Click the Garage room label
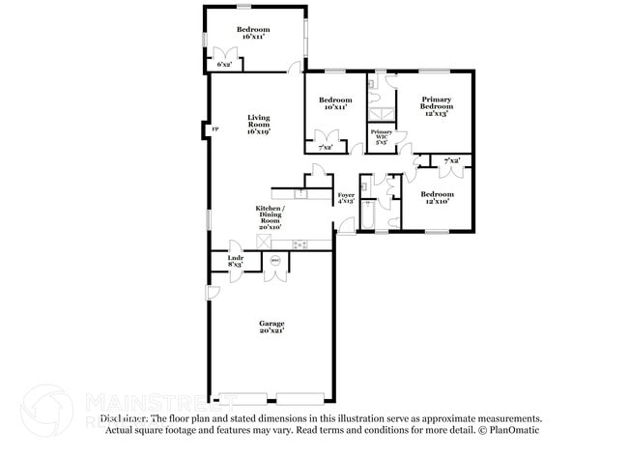pyautogui.click(x=271, y=327)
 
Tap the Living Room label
pyautogui.click(x=258, y=125)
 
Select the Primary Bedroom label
pyautogui.click(x=435, y=105)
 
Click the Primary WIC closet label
pyautogui.click(x=381, y=135)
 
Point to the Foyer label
pyautogui.click(x=346, y=199)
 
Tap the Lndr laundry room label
pyautogui.click(x=235, y=261)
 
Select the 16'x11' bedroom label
pyautogui.click(x=254, y=33)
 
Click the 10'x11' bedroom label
pyautogui.click(x=335, y=103)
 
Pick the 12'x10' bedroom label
pyautogui.click(x=435, y=197)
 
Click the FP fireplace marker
pyautogui.click(x=215, y=129)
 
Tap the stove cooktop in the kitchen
pyautogui.click(x=300, y=243)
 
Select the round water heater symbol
pyautogui.click(x=274, y=260)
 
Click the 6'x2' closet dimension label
pyautogui.click(x=224, y=65)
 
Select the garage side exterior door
pyautogui.click(x=212, y=293)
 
